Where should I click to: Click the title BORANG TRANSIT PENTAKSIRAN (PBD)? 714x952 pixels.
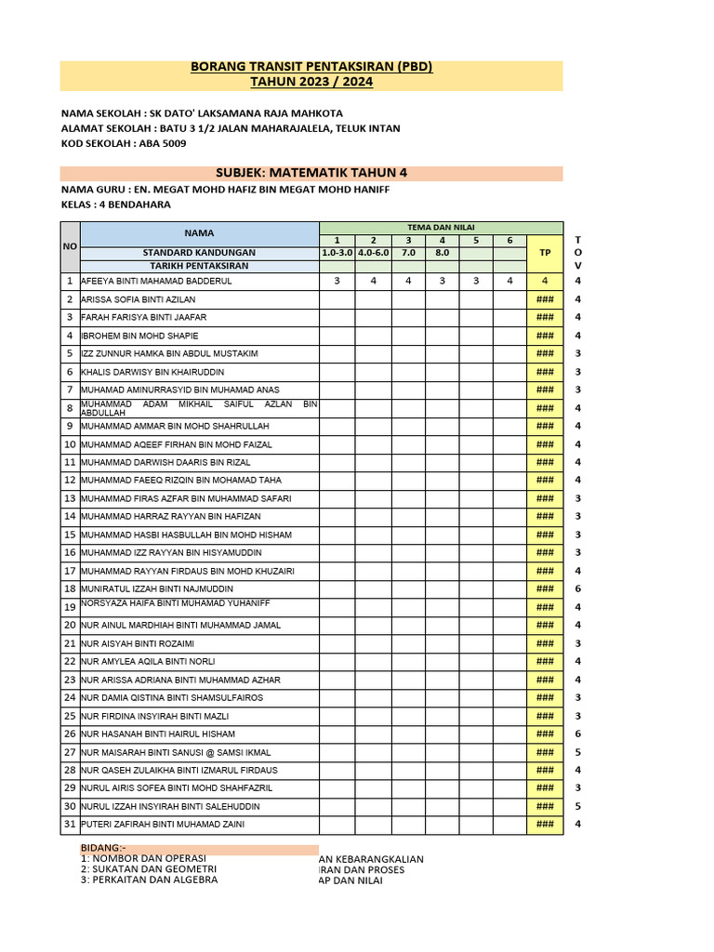(311, 68)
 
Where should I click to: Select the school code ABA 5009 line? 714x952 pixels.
(124, 143)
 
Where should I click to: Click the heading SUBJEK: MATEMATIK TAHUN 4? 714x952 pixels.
(311, 173)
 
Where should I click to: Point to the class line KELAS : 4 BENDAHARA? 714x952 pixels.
(115, 205)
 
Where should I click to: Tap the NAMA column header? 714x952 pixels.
(198, 233)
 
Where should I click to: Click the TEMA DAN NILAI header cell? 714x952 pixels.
(441, 228)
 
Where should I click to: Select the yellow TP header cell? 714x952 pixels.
(545, 252)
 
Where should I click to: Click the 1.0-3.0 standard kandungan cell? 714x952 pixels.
(337, 252)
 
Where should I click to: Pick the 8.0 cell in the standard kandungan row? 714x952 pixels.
(442, 252)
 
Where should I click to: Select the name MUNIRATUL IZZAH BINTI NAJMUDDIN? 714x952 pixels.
(157, 589)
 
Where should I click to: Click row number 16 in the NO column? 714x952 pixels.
(70, 552)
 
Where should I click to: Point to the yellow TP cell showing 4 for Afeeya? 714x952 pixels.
(545, 281)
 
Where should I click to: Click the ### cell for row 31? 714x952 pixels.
(545, 825)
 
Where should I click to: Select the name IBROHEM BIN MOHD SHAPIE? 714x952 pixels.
(139, 336)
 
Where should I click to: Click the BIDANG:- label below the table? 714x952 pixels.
(103, 848)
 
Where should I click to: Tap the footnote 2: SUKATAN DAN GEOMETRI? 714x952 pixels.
(149, 869)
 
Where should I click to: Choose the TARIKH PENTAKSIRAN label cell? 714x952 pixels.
(198, 265)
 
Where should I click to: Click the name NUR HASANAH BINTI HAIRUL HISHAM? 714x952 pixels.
(158, 734)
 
